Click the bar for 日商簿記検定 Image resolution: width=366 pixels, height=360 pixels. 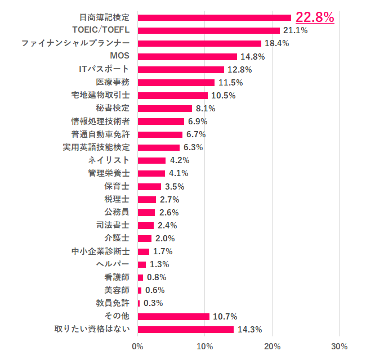(x=214, y=17)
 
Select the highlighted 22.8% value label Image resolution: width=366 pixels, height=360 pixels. (x=315, y=17)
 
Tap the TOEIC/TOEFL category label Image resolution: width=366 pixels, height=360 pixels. (x=101, y=30)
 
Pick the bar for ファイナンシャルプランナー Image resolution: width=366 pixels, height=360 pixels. (x=199, y=43)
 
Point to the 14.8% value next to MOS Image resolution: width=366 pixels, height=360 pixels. (x=252, y=56)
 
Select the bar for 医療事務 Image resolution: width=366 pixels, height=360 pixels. (x=176, y=82)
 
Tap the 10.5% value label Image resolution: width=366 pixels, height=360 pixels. (x=223, y=95)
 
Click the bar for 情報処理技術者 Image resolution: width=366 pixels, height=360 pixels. (x=160, y=121)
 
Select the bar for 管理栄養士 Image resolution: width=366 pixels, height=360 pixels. (x=151, y=173)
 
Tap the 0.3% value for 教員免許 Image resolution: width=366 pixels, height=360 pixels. (x=153, y=303)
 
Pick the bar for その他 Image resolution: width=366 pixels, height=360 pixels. (x=173, y=316)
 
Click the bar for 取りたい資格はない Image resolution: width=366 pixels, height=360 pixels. (x=185, y=329)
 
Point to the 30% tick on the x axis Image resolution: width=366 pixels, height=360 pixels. (x=339, y=346)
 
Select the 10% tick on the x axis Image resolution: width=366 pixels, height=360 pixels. (x=205, y=346)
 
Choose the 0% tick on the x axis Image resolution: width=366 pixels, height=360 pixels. (x=137, y=346)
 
